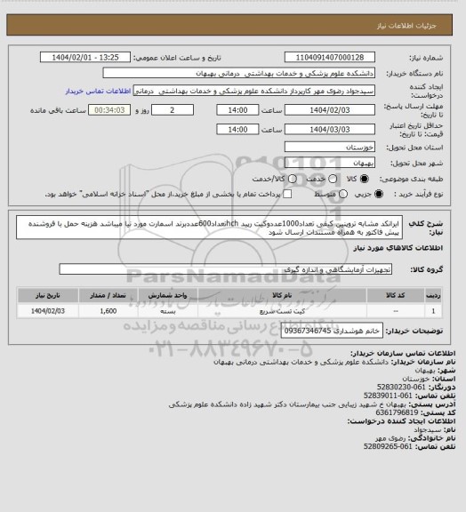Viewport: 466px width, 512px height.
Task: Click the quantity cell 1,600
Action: (x=109, y=311)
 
